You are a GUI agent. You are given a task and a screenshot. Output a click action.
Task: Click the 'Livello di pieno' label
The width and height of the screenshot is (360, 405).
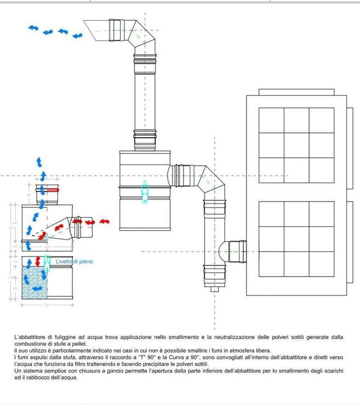pyautogui.click(x=75, y=262)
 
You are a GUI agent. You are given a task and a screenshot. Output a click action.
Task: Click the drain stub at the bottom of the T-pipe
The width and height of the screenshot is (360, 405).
pyautogui.click(x=212, y=289)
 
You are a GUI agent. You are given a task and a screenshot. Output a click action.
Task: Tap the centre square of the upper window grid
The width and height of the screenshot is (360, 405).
pyautogui.click(x=296, y=145)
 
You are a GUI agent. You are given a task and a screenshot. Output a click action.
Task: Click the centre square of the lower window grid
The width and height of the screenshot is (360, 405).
pyautogui.click(x=296, y=238)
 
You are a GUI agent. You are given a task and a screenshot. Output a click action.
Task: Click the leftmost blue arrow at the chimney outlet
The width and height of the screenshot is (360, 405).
pyautogui.click(x=33, y=27)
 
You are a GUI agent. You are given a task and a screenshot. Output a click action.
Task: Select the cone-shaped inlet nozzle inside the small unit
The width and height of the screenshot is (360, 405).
pyautogui.click(x=58, y=228)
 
